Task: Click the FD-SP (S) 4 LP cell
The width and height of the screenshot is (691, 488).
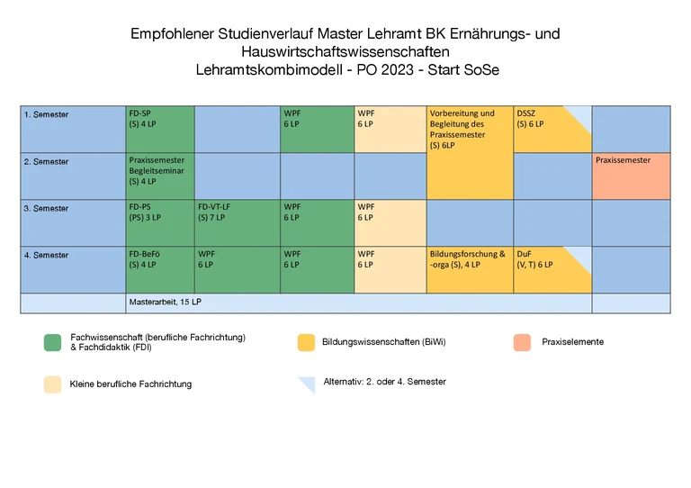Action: click(159, 129)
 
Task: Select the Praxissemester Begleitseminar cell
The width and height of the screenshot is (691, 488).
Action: click(159, 176)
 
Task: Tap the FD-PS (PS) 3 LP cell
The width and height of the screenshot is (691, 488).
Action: click(159, 222)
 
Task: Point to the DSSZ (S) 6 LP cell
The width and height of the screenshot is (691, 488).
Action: click(552, 129)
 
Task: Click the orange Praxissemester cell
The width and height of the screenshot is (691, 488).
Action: click(631, 176)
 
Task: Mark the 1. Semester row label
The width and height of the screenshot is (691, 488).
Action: click(47, 115)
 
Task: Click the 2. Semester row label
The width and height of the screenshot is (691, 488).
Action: click(47, 162)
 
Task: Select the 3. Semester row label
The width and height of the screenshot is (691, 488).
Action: click(47, 209)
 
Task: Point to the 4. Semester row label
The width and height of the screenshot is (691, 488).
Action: click(47, 256)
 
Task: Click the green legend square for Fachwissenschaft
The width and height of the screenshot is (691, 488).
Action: click(52, 342)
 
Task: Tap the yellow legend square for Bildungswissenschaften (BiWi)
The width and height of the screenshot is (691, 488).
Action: click(306, 342)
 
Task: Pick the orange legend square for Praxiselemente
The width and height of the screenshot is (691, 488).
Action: click(523, 342)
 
